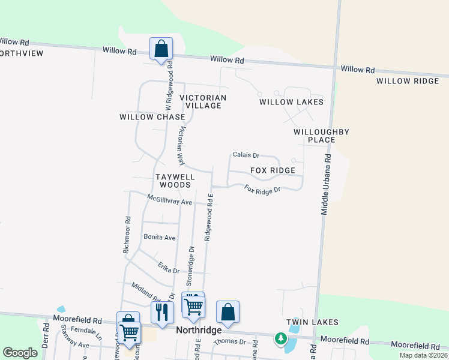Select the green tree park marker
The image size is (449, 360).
tap(280, 339)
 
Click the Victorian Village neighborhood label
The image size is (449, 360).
tap(203, 101)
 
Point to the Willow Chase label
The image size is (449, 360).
tap(152, 117)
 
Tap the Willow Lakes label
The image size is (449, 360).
tap(291, 102)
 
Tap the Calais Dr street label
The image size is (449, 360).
tap(246, 155)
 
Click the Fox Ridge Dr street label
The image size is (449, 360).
tap(262, 190)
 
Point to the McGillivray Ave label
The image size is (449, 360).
tap(170, 199)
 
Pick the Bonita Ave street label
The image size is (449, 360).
tap(160, 238)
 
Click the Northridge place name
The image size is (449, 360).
tap(199, 331)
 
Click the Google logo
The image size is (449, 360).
tap(20, 353)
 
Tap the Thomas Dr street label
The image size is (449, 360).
tap(230, 342)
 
